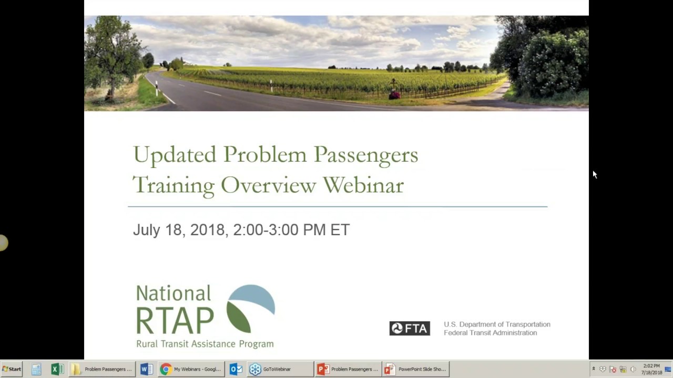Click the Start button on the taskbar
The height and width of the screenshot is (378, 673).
12,369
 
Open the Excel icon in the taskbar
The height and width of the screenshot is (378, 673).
57,369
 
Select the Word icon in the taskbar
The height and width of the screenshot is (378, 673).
146,369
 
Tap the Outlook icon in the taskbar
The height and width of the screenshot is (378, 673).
236,369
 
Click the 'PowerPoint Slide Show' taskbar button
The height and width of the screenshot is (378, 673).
415,369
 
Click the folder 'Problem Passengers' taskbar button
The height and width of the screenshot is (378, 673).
103,369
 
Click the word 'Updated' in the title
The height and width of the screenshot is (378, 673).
175,155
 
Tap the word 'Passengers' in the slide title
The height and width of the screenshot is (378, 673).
366,155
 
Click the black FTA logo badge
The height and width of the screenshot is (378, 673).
410,329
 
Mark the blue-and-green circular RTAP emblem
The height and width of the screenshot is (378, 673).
251,309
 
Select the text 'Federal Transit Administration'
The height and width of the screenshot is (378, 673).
490,333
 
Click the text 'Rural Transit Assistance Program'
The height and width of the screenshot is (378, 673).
205,344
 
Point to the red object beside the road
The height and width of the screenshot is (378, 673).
394,94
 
